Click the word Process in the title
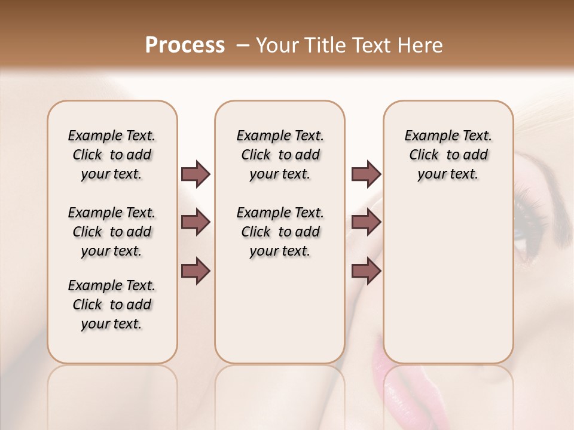click(x=185, y=45)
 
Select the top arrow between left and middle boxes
click(x=196, y=174)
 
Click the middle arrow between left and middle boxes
click(x=196, y=223)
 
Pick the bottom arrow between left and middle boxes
click(x=196, y=271)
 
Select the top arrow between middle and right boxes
click(x=366, y=174)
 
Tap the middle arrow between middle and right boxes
click(x=366, y=223)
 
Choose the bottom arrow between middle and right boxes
click(x=366, y=271)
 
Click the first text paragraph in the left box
click(x=112, y=155)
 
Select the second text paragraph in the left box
click(x=112, y=232)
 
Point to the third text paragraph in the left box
click(x=112, y=305)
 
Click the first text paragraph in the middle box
click(x=280, y=155)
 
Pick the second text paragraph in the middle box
click(x=280, y=232)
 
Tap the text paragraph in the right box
click(x=448, y=155)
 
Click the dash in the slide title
click(x=243, y=45)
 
